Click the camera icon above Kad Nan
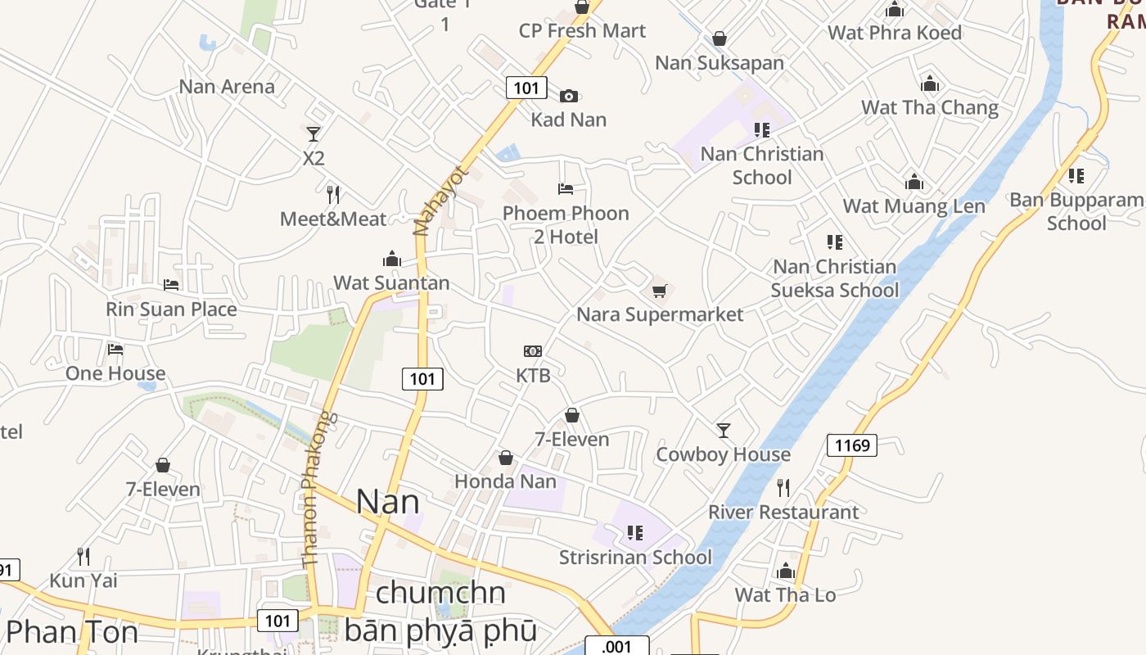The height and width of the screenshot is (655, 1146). point(569,96)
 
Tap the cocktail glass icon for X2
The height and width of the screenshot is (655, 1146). point(313,133)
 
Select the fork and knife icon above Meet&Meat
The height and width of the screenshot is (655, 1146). point(333,195)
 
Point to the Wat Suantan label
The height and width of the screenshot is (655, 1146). point(391,283)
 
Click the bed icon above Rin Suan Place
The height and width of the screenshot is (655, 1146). point(171,285)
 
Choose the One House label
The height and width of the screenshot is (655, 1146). point(115,373)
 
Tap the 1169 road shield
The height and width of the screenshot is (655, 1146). point(852,445)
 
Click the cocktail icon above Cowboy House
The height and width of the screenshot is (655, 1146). point(723,430)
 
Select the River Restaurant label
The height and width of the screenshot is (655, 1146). point(783,513)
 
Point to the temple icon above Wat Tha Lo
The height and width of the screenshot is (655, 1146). point(786,571)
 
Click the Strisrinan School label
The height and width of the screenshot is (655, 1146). point(635,558)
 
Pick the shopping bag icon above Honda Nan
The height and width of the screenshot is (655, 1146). point(506,458)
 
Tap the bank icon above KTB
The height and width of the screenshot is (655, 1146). point(533,351)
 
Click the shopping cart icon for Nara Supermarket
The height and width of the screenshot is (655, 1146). point(660,291)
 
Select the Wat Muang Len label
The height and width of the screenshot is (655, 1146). point(914,206)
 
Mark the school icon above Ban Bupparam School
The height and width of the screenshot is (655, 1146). point(1076,175)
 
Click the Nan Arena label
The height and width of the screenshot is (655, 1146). point(227,86)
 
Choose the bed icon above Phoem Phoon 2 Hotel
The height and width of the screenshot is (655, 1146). point(566,189)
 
